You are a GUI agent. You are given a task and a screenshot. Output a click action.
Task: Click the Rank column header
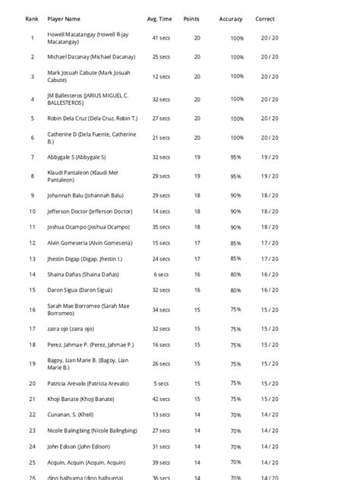(x=32, y=18)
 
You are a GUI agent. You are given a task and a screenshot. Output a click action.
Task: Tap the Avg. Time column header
(x=159, y=18)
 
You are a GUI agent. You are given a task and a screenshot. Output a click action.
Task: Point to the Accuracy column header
(x=231, y=18)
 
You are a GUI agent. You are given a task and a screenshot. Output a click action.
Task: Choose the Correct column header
(x=265, y=18)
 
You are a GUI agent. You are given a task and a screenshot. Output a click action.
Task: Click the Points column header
(x=191, y=18)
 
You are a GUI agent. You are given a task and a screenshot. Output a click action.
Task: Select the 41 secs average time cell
(x=160, y=37)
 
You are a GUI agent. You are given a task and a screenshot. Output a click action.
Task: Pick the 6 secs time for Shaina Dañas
(x=160, y=274)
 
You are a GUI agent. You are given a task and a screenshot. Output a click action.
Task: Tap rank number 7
(x=32, y=156)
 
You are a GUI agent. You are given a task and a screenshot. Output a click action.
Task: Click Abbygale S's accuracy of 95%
(x=236, y=156)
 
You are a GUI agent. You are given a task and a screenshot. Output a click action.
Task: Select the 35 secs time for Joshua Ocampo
(x=160, y=226)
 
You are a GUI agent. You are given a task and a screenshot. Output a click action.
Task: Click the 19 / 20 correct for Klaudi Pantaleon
(x=269, y=176)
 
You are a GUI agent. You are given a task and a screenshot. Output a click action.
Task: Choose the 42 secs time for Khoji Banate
(x=160, y=399)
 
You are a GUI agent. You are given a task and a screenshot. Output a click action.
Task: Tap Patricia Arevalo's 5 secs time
(x=160, y=383)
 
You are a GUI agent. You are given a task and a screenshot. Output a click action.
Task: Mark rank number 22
(x=32, y=415)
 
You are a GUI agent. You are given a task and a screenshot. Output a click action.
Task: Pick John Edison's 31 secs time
(x=160, y=446)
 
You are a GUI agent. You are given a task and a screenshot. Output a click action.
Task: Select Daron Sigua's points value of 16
(x=197, y=290)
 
